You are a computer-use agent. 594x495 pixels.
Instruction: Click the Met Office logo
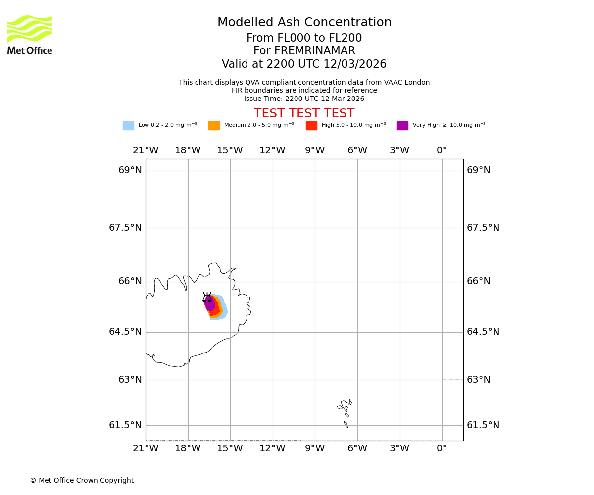click(x=30, y=35)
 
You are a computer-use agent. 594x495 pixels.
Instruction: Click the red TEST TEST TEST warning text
click(x=304, y=113)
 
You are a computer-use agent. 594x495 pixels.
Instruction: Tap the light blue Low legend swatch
click(x=128, y=126)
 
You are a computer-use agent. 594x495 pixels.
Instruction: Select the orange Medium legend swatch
click(x=214, y=126)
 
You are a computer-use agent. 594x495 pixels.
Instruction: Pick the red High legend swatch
click(x=311, y=126)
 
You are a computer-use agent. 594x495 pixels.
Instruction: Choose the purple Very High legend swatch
click(x=402, y=126)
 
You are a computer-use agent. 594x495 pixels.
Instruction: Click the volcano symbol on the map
click(x=207, y=297)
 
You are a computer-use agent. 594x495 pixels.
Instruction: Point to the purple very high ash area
click(x=210, y=303)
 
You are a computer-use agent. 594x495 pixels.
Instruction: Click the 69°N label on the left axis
click(x=130, y=170)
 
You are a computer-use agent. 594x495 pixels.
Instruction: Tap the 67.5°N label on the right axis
click(x=483, y=228)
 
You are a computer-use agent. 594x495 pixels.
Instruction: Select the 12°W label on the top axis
click(x=272, y=150)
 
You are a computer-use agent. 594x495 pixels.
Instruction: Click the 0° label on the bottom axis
click(x=442, y=448)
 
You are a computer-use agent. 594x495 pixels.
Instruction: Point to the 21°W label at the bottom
click(x=146, y=448)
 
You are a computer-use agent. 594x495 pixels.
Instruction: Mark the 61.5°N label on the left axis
click(x=125, y=425)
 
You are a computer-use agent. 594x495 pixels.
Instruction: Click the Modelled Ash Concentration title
click(x=304, y=23)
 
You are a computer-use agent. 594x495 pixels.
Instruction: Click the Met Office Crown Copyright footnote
click(x=82, y=480)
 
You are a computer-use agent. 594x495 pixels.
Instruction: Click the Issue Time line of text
click(x=304, y=99)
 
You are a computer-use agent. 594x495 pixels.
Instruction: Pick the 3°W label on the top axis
click(x=399, y=150)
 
